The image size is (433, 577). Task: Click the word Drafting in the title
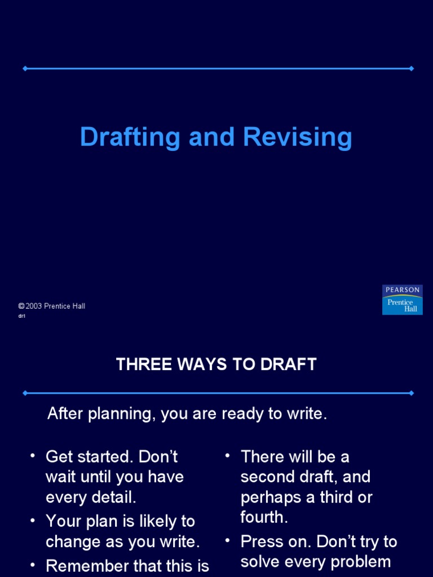click(130, 137)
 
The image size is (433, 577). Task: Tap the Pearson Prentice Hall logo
click(402, 300)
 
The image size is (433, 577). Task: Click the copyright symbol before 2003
click(21, 306)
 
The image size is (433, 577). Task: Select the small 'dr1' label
click(22, 316)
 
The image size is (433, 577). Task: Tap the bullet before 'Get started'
click(33, 455)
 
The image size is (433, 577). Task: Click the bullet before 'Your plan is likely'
click(33, 521)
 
